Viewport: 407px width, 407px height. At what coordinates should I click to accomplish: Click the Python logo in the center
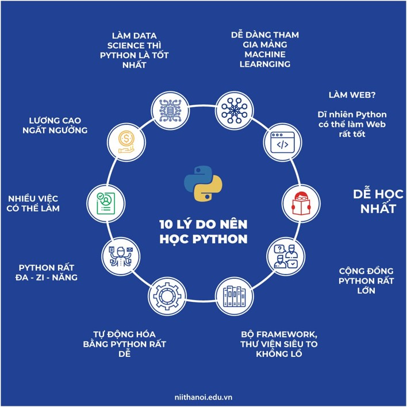203,184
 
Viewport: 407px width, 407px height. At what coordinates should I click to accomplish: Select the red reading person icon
301,203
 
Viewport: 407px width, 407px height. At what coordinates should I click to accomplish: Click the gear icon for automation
167,297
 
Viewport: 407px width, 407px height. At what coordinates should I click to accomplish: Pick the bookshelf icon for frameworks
235,296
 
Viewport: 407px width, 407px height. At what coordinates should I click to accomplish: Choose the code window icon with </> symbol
282,143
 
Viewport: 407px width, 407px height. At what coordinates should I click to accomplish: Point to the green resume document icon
106,203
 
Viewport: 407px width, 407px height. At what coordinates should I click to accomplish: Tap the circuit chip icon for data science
170,110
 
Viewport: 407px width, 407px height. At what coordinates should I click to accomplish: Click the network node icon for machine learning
235,110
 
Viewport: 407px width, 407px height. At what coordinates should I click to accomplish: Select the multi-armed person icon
121,256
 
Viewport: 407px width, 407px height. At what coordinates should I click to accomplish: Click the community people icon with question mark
286,256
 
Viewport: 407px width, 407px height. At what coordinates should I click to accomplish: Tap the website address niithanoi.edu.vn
203,397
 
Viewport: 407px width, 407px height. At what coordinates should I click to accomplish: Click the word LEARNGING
265,64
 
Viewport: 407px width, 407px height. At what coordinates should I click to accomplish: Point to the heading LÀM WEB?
352,95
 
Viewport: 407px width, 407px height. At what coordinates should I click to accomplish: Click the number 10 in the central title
166,225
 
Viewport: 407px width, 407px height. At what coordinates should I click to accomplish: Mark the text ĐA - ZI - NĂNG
47,278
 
